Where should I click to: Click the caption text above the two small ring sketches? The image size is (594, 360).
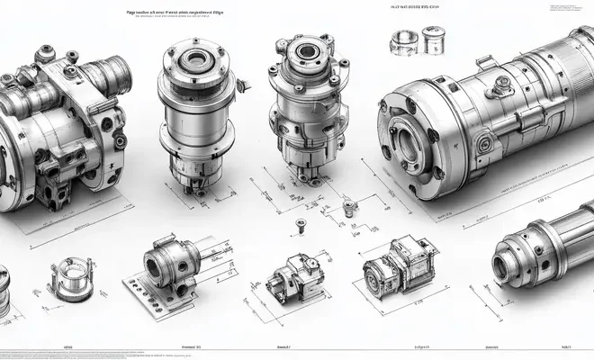(416, 7)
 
